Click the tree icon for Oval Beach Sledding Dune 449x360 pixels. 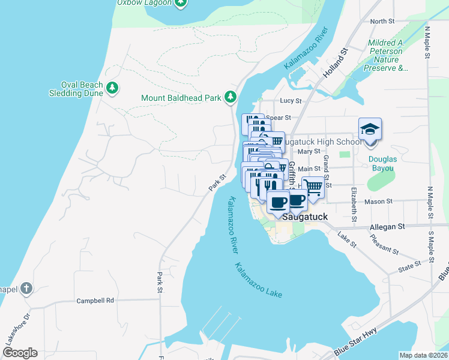[x=112, y=89]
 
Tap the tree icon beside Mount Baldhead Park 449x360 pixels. [x=230, y=97]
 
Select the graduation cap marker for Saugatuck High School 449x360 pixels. [x=370, y=130]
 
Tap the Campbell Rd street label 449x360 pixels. [x=95, y=300]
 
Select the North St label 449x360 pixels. [x=382, y=21]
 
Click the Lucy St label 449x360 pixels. [x=290, y=101]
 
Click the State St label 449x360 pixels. [x=409, y=265]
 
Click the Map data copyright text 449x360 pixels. [x=423, y=355]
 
